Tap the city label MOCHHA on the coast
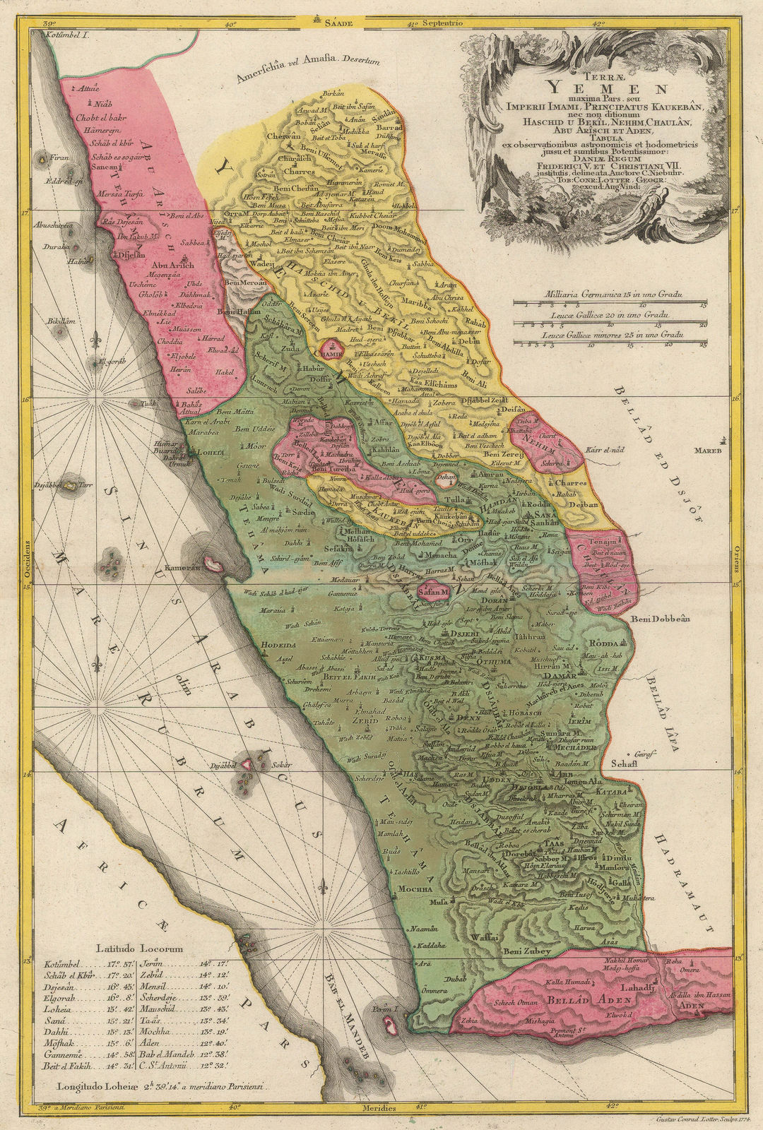point(414,888)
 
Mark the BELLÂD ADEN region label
point(579,1001)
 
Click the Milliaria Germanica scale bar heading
point(610,292)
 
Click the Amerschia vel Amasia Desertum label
point(307,71)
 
